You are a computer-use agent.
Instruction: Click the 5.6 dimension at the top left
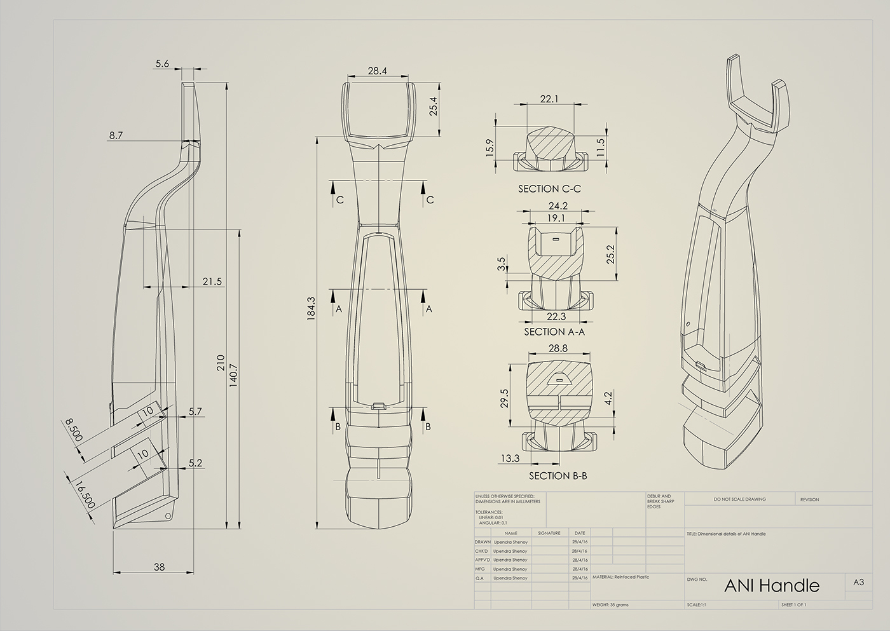(x=162, y=64)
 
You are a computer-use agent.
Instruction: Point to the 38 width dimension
(x=159, y=566)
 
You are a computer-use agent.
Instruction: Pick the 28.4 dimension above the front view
(x=377, y=71)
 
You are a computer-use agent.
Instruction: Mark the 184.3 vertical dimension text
(x=311, y=308)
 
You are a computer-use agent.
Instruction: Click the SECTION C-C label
(x=549, y=189)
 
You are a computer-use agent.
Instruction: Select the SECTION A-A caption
(x=554, y=332)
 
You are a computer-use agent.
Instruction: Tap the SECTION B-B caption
(x=558, y=475)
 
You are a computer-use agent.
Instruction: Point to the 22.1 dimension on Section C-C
(x=549, y=98)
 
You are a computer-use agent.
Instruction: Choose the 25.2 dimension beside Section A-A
(x=610, y=254)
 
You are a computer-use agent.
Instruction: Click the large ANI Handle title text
(x=772, y=585)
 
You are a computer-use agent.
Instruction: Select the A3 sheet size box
(x=858, y=582)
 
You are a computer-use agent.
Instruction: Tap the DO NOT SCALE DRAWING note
(x=739, y=499)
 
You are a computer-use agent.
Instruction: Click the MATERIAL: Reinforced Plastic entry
(x=620, y=578)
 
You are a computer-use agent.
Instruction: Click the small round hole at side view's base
(x=168, y=515)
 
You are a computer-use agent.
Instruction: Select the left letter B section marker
(x=338, y=426)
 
